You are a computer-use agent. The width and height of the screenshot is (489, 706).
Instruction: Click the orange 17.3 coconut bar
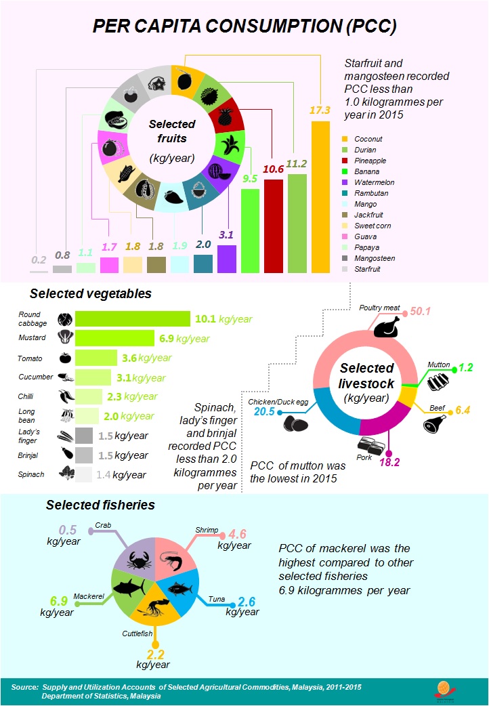(320, 196)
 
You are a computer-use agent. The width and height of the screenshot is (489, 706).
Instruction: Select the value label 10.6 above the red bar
(272, 168)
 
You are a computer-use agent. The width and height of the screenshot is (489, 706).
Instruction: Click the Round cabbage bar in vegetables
(133, 318)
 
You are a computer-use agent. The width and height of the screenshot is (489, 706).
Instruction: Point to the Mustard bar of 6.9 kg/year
(114, 338)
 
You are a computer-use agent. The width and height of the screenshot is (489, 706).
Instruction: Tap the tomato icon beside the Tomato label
(65, 358)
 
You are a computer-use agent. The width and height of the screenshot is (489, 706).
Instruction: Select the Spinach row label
(30, 474)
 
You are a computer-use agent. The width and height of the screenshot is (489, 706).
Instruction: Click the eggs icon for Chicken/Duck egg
(295, 423)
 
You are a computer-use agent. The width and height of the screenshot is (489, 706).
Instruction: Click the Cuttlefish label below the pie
(138, 634)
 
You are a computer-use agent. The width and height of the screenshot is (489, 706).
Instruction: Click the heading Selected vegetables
(90, 294)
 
